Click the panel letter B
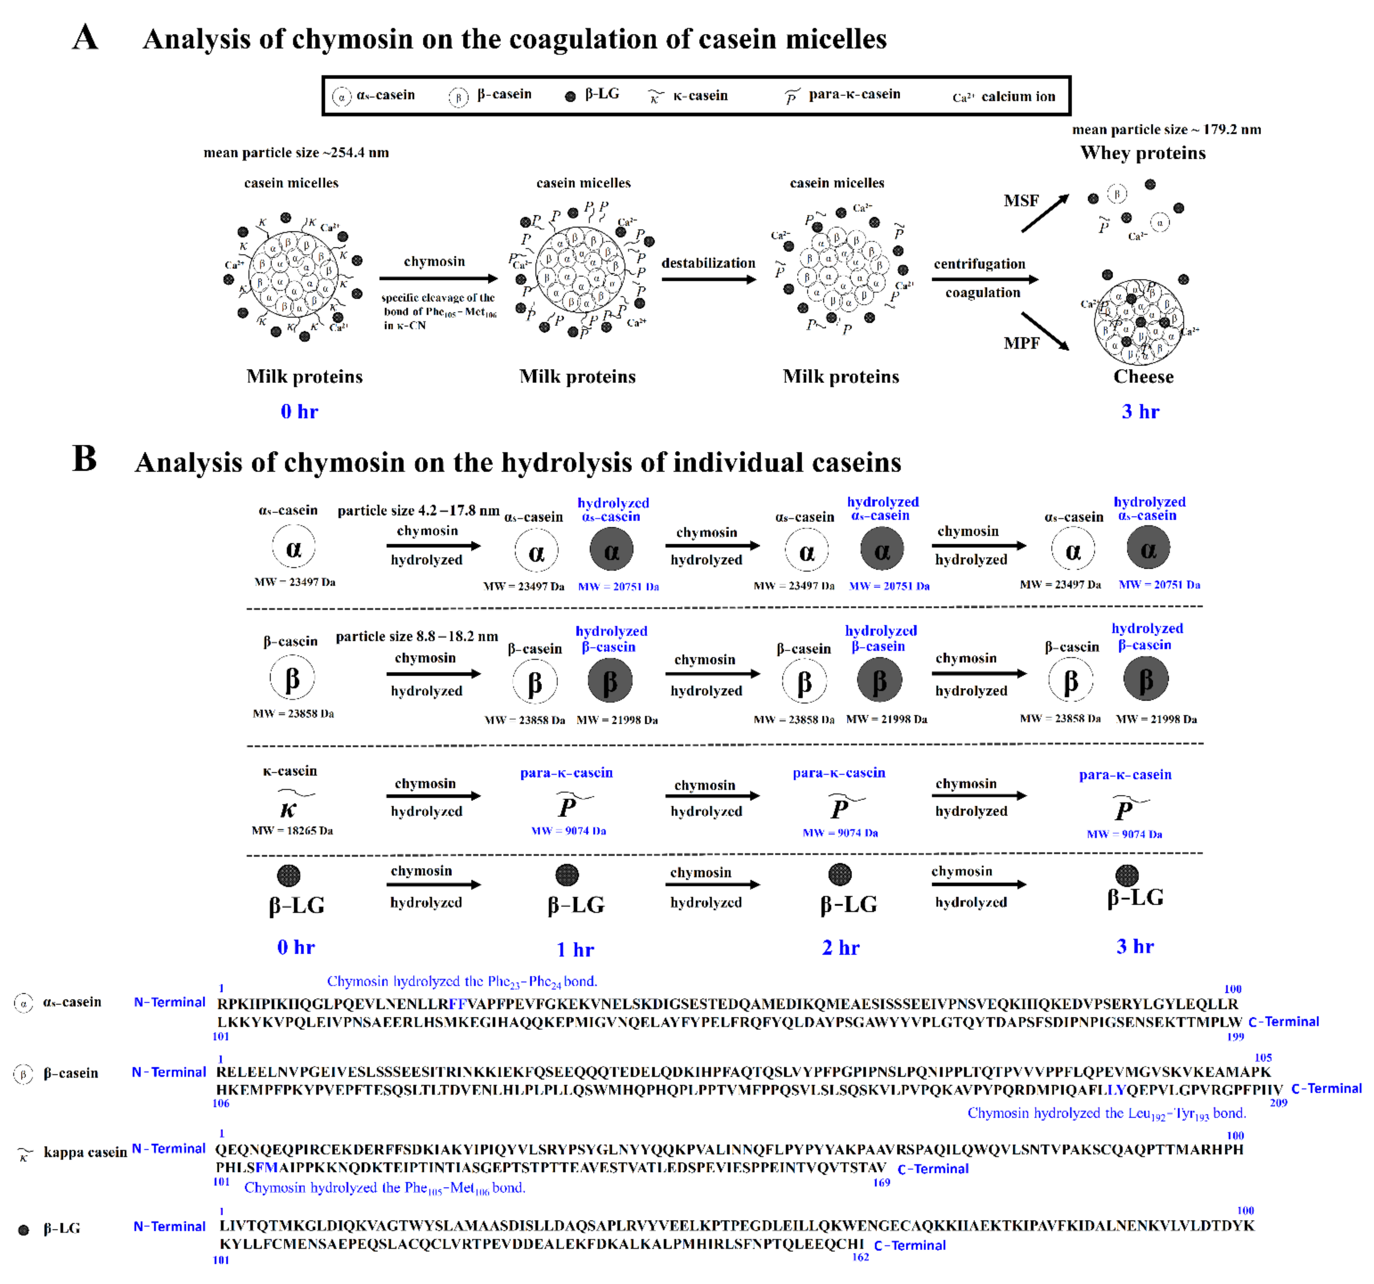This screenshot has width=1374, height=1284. point(84,459)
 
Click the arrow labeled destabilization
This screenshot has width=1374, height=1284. point(709,279)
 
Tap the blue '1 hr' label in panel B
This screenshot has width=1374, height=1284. point(575,950)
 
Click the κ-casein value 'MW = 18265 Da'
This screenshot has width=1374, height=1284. point(292,831)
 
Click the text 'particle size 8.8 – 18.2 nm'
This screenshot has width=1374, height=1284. point(417,636)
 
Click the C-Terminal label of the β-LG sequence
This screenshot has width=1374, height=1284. point(910,1245)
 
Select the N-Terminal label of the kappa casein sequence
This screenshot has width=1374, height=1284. point(168,1148)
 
